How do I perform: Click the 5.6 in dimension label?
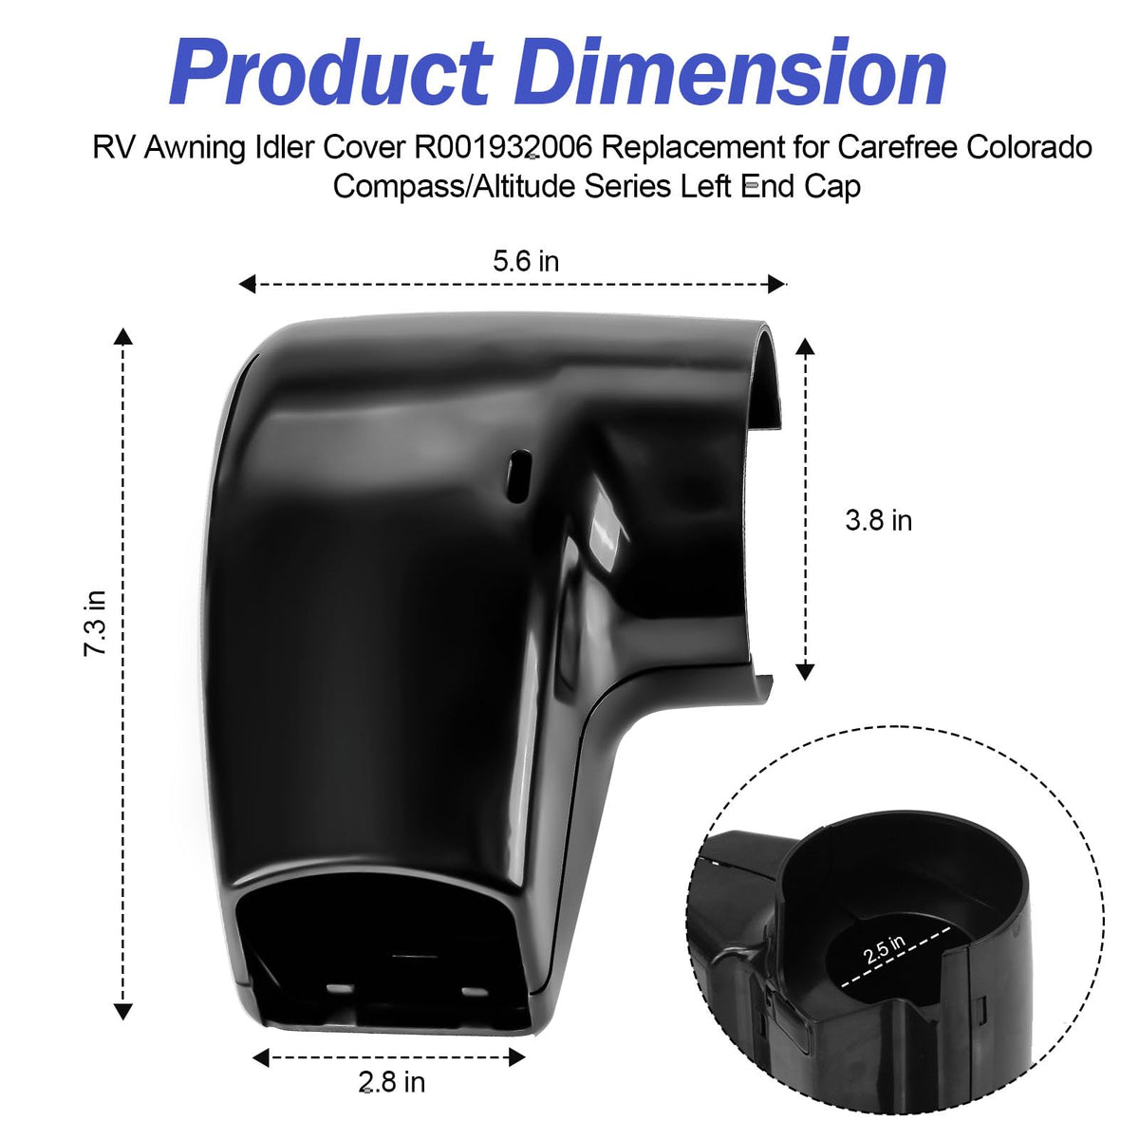click(x=526, y=261)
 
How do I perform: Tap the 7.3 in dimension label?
click(x=95, y=623)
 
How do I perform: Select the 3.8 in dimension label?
click(x=878, y=521)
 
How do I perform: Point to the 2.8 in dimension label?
click(x=391, y=1082)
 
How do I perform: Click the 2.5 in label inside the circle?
click(x=884, y=950)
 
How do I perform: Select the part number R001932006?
click(x=502, y=147)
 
